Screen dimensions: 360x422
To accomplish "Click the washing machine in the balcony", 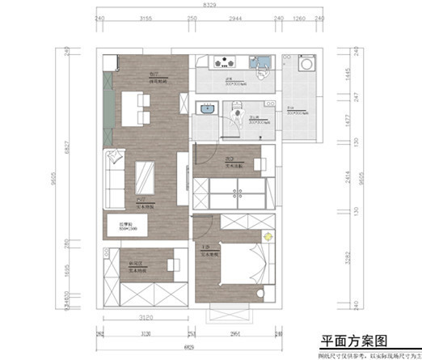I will point(308,66).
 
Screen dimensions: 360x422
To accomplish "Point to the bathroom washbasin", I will point(206,108).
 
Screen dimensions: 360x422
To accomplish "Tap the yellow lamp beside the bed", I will point(268,235).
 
